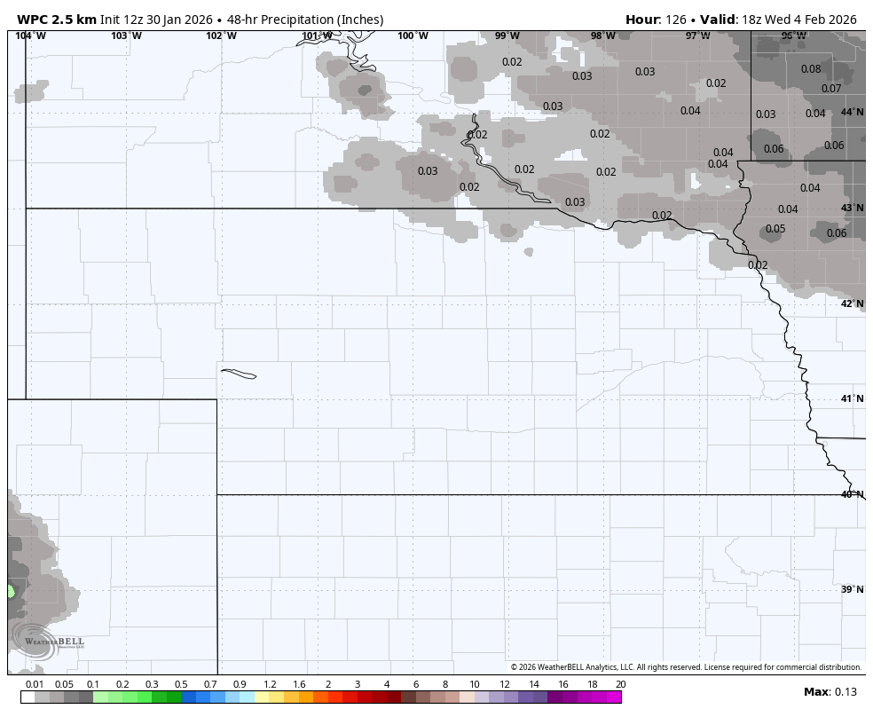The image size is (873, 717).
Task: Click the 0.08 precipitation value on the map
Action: point(811,69)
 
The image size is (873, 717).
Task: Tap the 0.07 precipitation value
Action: point(831,89)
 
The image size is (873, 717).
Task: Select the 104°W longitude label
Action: point(31,36)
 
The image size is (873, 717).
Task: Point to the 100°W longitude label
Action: point(413,36)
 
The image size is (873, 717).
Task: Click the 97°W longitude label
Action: point(697,36)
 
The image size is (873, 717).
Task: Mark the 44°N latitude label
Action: point(852,113)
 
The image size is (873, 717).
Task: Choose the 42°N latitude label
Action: point(852,304)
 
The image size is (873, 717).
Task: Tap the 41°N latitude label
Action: point(852,399)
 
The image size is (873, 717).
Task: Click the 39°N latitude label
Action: point(852,589)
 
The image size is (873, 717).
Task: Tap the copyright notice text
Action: point(686,667)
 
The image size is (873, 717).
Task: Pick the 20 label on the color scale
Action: point(620,684)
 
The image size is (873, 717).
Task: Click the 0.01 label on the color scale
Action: point(35,684)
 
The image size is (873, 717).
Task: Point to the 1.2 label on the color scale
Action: point(270,684)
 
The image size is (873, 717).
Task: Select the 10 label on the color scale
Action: point(475,684)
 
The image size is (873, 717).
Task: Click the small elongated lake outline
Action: point(238,374)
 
